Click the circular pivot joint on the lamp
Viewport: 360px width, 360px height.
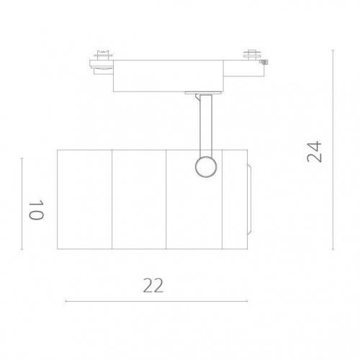(x=204, y=166)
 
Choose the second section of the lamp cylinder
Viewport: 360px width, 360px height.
(x=140, y=199)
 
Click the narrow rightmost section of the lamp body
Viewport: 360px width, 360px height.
(x=235, y=199)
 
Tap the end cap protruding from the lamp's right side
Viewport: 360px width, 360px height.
(x=248, y=199)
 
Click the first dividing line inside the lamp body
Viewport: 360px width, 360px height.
(x=112, y=199)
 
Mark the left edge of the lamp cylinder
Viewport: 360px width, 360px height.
(x=58, y=199)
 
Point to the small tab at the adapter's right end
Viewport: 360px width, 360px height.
(x=263, y=63)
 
